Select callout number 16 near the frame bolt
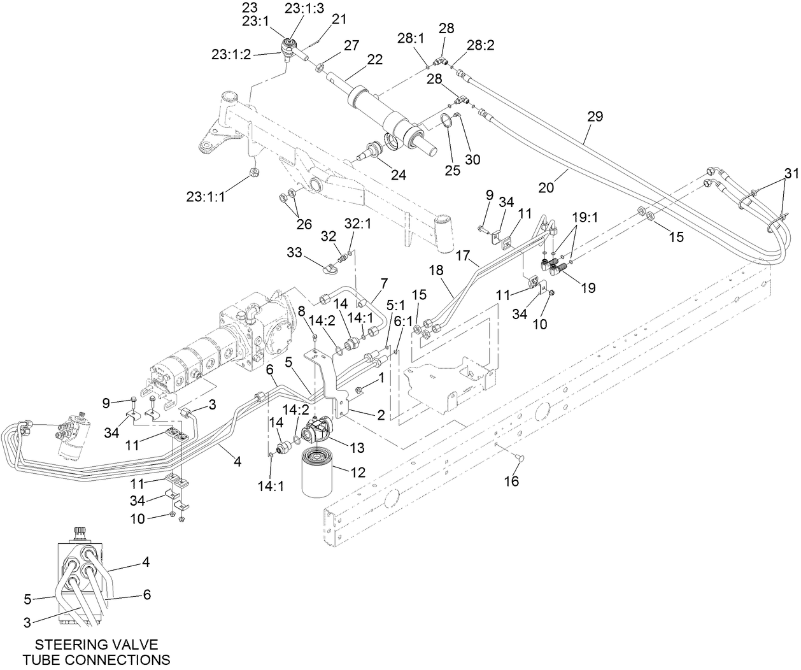(x=511, y=481)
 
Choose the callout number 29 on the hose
(x=595, y=117)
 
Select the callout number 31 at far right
(x=790, y=173)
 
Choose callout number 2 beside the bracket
(x=381, y=415)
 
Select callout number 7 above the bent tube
(x=384, y=282)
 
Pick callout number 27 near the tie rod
(x=351, y=45)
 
